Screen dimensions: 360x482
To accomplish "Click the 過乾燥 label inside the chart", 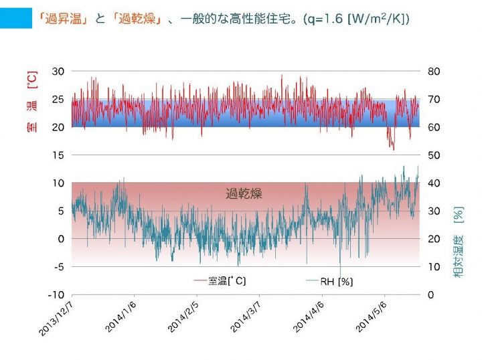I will point(244,194).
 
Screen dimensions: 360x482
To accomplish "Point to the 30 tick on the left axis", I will point(58,72).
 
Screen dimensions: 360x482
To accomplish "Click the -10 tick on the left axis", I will point(57,294).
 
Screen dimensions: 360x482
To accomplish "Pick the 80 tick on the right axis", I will point(434,72).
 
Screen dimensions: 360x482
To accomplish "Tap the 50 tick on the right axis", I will point(434,155).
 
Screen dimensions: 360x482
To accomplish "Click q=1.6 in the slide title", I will point(322,19).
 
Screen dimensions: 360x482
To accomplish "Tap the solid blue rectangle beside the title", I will point(16,19).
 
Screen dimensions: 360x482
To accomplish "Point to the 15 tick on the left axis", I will point(58,155).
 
